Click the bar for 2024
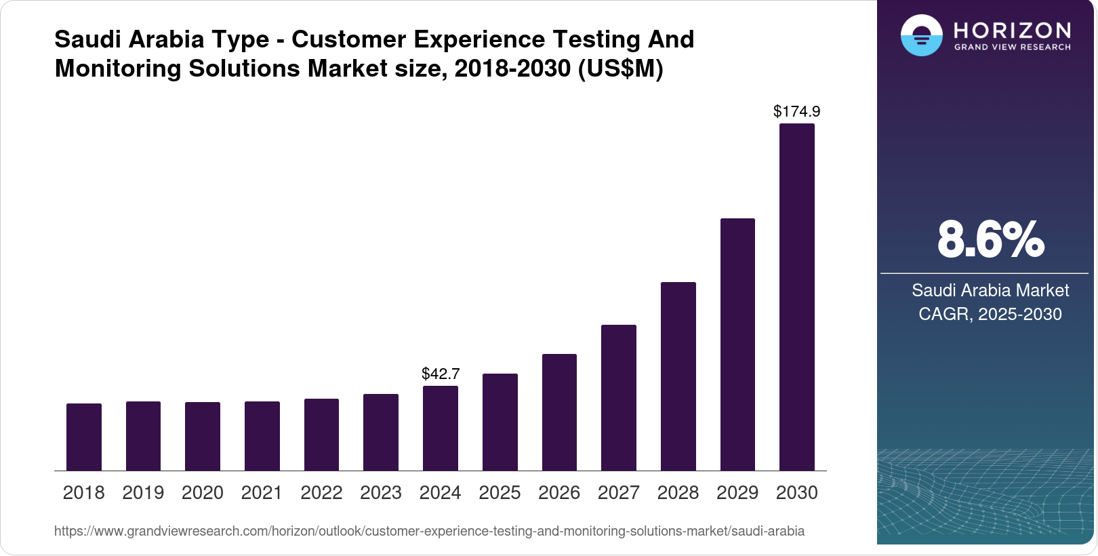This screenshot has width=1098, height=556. [440, 428]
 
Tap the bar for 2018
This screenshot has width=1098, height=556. [84, 437]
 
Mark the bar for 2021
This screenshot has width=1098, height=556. [262, 436]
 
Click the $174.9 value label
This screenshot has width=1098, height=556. [796, 111]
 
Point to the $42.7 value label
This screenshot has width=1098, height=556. [441, 374]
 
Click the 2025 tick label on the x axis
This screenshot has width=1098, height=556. [500, 493]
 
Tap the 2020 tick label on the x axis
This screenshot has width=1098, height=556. [202, 493]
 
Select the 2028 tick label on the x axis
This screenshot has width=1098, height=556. [678, 493]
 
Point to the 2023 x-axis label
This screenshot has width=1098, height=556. [380, 493]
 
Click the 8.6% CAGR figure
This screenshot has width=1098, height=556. [990, 239]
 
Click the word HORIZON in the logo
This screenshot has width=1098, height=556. [1012, 31]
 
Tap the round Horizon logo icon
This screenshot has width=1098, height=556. [921, 36]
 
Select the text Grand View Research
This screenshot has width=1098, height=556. [1012, 47]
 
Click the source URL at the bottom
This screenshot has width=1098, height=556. [429, 531]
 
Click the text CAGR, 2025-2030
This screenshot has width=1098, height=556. [990, 314]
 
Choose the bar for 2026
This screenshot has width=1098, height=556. [559, 412]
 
